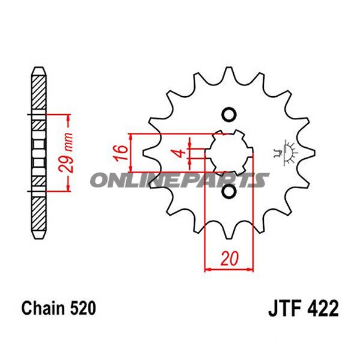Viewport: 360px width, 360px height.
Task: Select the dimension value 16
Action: click(120, 153)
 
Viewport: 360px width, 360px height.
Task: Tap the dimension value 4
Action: click(178, 152)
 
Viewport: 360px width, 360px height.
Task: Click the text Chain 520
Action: click(58, 308)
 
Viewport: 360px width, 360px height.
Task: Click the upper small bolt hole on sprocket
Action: click(229, 115)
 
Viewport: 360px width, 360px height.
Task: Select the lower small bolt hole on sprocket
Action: click(229, 192)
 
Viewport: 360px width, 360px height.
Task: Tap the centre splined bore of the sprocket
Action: click(229, 153)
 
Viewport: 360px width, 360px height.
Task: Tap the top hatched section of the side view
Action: click(38, 90)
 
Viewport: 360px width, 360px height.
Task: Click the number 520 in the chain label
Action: click(82, 308)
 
